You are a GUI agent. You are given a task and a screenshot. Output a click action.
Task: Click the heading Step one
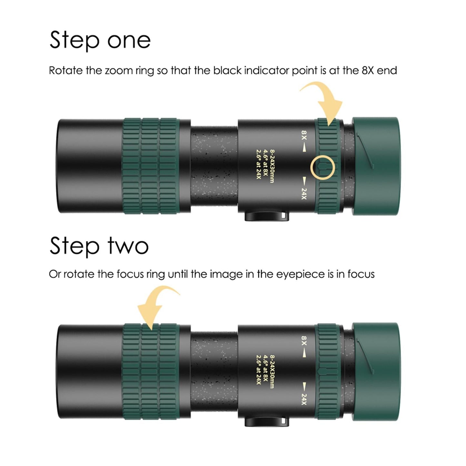pyautogui.click(x=100, y=40)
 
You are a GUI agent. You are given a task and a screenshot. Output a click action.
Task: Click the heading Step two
pyautogui.click(x=99, y=246)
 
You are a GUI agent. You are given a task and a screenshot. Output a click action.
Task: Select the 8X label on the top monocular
pyautogui.click(x=304, y=135)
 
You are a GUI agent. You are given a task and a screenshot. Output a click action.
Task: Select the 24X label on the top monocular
pyautogui.click(x=304, y=193)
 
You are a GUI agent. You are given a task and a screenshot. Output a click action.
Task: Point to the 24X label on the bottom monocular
pyautogui.click(x=304, y=399)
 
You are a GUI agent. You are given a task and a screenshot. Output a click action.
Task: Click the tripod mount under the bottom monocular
pyautogui.click(x=266, y=421)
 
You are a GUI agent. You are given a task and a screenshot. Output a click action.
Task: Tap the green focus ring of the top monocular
pyautogui.click(x=150, y=166)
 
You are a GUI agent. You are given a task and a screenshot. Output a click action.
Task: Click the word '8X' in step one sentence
pyautogui.click(x=368, y=71)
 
